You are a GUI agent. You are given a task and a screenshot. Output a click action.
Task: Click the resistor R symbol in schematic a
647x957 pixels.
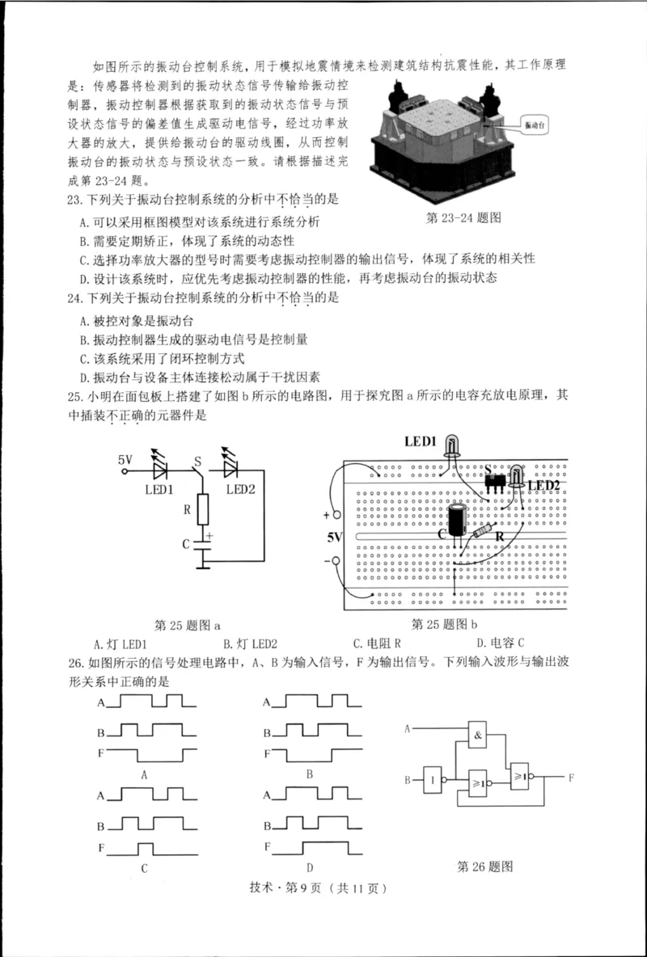pos(203,508)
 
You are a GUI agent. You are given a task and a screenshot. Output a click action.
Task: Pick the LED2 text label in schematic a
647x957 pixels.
pos(241,489)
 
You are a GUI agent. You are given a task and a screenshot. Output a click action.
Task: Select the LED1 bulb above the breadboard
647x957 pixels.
pos(450,445)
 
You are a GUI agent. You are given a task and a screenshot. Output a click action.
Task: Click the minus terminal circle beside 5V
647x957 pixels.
pos(333,560)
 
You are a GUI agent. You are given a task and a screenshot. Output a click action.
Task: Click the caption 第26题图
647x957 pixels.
pos(485,866)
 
